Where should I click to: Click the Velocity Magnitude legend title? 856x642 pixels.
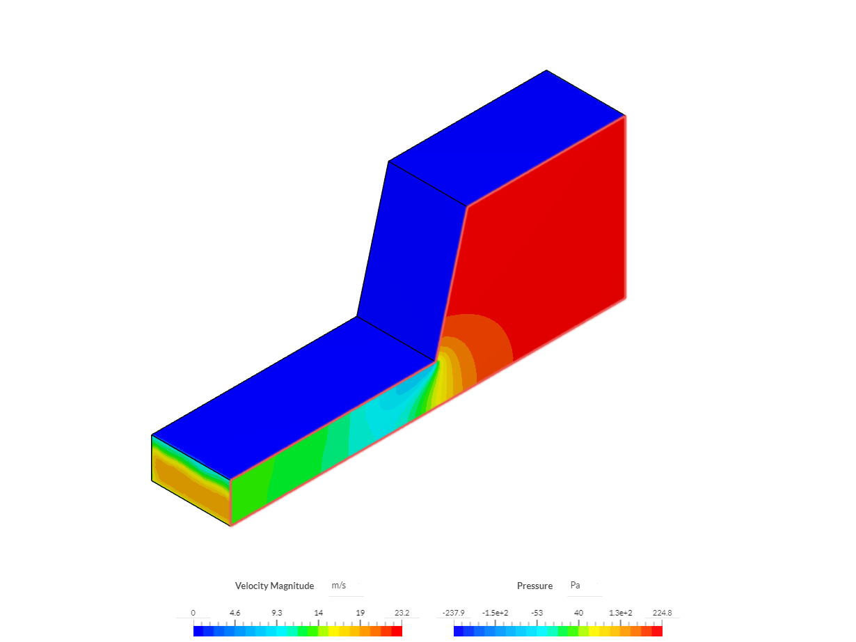click(x=274, y=586)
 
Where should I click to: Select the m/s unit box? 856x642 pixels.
click(x=339, y=586)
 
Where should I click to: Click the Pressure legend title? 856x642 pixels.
click(x=534, y=586)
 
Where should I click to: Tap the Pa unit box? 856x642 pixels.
click(x=575, y=586)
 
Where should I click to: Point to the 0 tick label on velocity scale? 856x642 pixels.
click(x=193, y=613)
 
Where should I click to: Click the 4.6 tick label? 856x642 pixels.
click(x=235, y=613)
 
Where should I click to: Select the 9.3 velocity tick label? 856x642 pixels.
click(x=276, y=613)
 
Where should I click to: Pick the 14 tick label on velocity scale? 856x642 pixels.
click(x=318, y=613)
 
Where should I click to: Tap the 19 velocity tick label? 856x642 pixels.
click(x=360, y=613)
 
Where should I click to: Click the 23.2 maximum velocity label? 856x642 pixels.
click(x=402, y=613)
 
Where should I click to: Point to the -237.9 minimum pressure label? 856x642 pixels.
click(x=453, y=613)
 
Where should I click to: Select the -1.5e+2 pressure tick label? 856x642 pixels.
click(x=495, y=613)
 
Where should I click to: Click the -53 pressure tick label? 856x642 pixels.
click(x=537, y=613)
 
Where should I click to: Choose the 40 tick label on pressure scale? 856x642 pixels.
click(x=578, y=613)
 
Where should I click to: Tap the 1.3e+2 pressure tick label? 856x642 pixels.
click(x=620, y=613)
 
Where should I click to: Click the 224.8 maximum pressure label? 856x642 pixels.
click(x=662, y=613)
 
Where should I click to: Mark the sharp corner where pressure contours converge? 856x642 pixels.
click(x=437, y=361)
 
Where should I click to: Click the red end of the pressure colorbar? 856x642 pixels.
click(x=657, y=631)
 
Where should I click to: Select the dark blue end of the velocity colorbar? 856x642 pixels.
click(x=198, y=631)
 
